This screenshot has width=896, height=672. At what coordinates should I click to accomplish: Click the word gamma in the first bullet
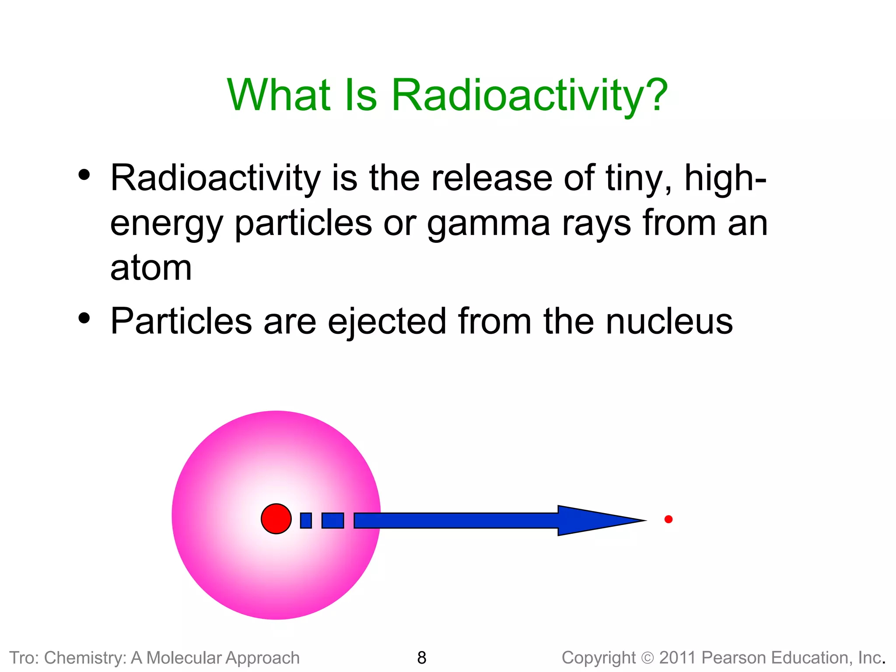click(x=488, y=224)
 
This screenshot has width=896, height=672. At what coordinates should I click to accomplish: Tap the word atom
click(x=151, y=268)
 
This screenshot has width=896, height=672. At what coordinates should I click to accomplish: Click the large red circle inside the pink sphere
click(x=276, y=519)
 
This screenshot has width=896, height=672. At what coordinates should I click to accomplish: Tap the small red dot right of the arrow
click(x=668, y=519)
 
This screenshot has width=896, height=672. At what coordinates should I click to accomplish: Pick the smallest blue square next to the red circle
click(x=306, y=520)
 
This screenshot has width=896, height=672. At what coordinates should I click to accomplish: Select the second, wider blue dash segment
click(x=332, y=520)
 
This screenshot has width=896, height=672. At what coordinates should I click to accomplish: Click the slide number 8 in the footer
click(x=422, y=658)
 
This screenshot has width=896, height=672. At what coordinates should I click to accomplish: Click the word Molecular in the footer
click(x=184, y=658)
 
